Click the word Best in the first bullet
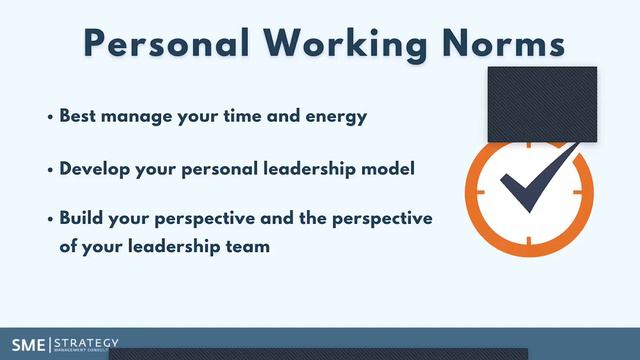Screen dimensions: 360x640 [x=79, y=116]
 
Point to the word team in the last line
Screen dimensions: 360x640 [x=247, y=245]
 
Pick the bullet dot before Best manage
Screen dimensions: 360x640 [x=50, y=117]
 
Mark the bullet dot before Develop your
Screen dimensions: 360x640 [x=50, y=169]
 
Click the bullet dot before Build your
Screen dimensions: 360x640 [x=50, y=219]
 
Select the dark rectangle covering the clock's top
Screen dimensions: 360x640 [x=541, y=104]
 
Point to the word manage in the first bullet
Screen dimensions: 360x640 [x=136, y=116]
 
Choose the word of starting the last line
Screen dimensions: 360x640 [x=68, y=245]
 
